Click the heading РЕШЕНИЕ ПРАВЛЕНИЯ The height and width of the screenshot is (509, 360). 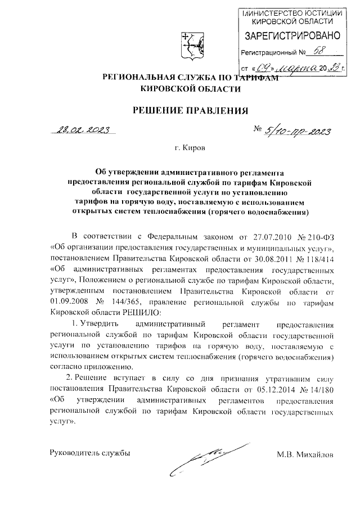(190, 110)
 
